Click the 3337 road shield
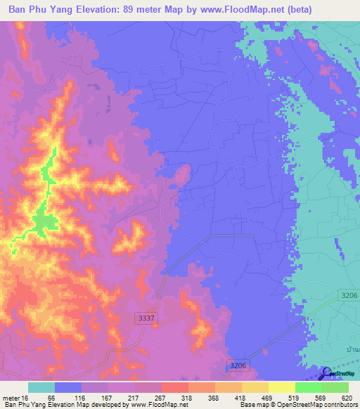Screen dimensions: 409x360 146,319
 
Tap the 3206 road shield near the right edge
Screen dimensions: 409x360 349,296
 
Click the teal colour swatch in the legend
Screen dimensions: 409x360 41,387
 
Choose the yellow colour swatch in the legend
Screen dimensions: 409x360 255,387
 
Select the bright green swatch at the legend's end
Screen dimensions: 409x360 335,387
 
